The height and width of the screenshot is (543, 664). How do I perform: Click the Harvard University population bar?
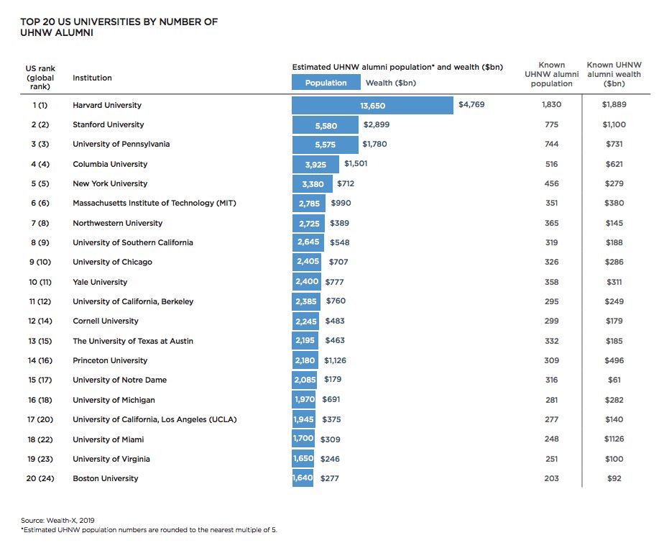pos(372,105)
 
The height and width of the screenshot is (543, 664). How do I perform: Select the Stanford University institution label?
pos(108,125)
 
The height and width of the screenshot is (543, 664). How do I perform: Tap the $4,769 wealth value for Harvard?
pos(471,105)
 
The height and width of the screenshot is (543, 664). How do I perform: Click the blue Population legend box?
pos(326,83)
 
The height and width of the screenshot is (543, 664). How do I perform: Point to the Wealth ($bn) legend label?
pos(391,83)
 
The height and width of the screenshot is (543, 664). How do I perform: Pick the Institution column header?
pos(92,78)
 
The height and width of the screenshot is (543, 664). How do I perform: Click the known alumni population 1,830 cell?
pos(551,105)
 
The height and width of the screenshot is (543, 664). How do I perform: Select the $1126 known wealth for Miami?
pos(614,439)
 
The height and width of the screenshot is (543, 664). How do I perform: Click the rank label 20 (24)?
pos(42,479)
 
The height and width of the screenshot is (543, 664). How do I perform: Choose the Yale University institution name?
pos(100,283)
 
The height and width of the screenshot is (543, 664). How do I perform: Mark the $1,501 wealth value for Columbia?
pos(356,165)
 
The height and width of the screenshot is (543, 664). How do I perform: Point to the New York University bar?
pos(313,184)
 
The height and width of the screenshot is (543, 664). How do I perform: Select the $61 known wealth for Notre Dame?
pos(614,380)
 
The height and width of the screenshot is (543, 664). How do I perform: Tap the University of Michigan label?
pos(114,400)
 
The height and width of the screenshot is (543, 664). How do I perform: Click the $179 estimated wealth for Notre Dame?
pos(333,380)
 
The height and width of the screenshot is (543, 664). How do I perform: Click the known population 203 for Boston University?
pos(551,479)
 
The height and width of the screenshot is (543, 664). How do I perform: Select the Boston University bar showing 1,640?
pos(303,479)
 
